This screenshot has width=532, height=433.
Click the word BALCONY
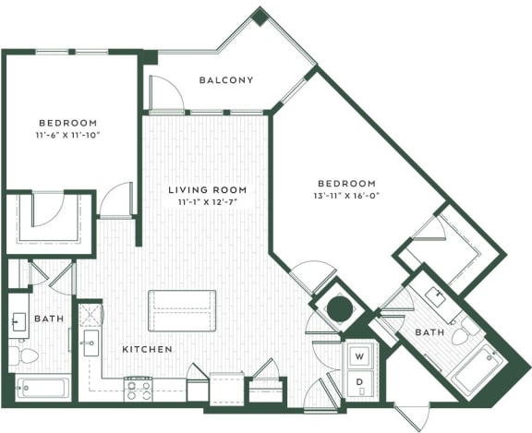[x=226, y=80]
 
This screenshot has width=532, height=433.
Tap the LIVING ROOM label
[x=208, y=190]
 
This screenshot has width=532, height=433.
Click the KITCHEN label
[x=148, y=350]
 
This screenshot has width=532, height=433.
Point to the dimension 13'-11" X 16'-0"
[x=346, y=196]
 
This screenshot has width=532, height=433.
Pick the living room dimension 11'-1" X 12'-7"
[x=208, y=203]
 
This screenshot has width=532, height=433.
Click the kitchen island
[x=182, y=310]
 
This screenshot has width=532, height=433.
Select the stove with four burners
[x=138, y=389]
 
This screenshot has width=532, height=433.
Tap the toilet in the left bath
[x=27, y=355]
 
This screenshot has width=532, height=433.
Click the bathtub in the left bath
[x=42, y=387]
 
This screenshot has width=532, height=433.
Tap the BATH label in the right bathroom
[x=429, y=332]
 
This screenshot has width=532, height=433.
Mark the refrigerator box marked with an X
[x=91, y=313]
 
